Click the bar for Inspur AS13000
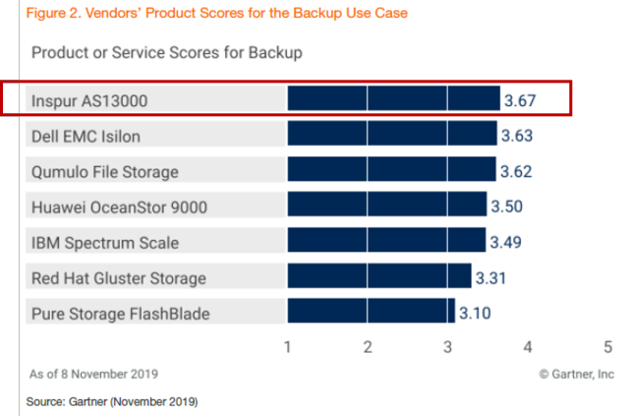[393, 99]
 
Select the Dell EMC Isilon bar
[392, 135]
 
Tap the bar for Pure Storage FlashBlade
[371, 312]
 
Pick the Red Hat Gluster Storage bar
[379, 276]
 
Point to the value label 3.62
[516, 171]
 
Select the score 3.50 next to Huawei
[507, 207]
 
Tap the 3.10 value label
[475, 313]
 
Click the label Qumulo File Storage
[105, 171]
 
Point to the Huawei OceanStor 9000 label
[120, 207]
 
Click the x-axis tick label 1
[287, 347]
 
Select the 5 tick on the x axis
[607, 347]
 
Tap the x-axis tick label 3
[447, 347]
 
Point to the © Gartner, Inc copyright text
[576, 374]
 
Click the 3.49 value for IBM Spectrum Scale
[506, 242]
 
